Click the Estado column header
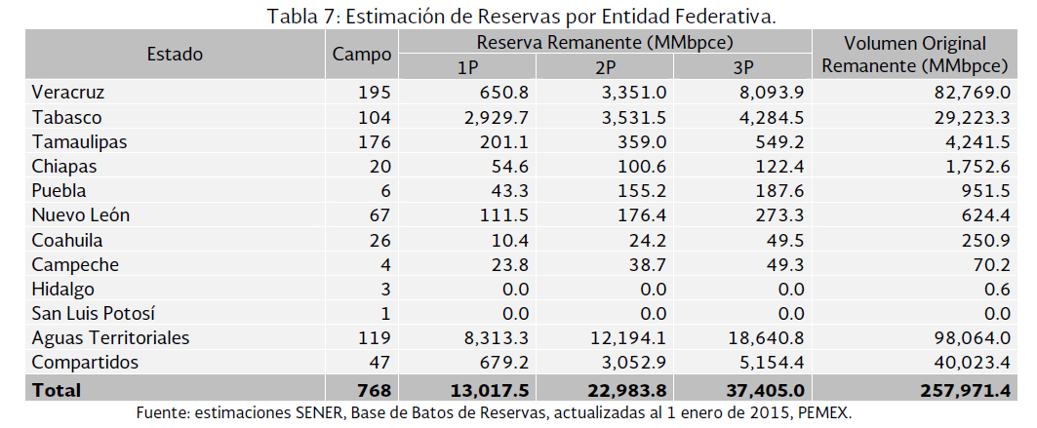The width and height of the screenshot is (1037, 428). [175, 55]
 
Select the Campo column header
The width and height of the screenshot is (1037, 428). [362, 55]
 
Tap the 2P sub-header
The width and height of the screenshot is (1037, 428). [605, 68]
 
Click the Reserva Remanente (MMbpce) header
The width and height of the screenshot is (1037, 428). [605, 43]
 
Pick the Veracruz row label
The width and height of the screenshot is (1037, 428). [67, 93]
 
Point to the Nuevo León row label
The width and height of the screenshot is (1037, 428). [81, 214]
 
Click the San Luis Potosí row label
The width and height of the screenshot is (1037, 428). [94, 313]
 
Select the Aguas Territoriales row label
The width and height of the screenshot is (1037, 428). [110, 337]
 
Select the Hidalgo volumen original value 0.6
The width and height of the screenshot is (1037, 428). [996, 289]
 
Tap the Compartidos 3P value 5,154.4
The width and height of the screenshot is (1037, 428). [766, 362]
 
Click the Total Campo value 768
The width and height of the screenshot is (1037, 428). [375, 390]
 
